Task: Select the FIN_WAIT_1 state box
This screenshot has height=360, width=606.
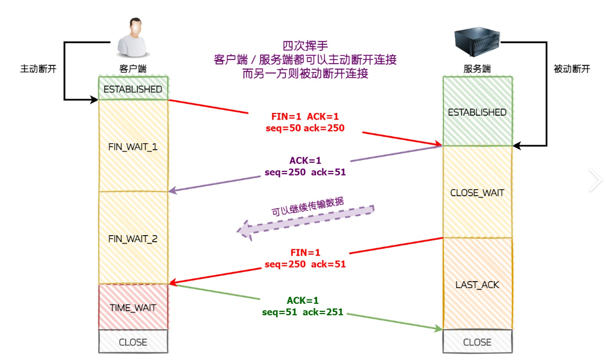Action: [x=133, y=146]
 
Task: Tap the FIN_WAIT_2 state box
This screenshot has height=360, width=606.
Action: [x=133, y=238]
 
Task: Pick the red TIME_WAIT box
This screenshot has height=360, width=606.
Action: [x=133, y=308]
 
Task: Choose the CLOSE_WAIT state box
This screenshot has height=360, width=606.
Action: [x=477, y=192]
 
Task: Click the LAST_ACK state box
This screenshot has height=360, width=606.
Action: [x=477, y=284]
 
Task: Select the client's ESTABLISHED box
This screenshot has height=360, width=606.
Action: [x=133, y=89]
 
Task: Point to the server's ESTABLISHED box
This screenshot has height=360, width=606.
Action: [x=477, y=112]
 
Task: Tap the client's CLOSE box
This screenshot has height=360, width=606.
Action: [x=133, y=342]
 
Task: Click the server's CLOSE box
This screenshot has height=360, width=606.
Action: [x=477, y=342]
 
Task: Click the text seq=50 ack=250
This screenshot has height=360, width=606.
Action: [x=305, y=128]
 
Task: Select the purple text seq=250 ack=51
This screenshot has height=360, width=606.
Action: [x=305, y=172]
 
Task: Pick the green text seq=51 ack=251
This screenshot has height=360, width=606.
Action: [x=302, y=312]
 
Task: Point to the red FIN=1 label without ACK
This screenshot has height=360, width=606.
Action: [x=305, y=252]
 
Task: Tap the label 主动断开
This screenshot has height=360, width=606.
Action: [x=38, y=69]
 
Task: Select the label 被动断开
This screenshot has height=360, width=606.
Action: [x=572, y=69]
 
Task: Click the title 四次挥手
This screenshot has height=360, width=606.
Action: [x=305, y=45]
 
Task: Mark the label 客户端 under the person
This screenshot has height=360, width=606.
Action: [x=133, y=69]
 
